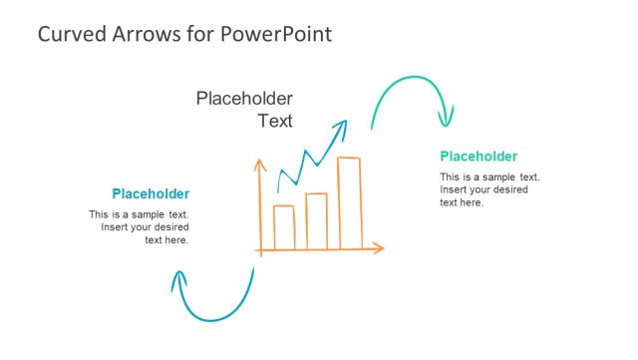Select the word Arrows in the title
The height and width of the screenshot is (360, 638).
142,34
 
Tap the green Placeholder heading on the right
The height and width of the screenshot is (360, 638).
478,157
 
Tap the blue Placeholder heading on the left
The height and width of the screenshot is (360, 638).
151,193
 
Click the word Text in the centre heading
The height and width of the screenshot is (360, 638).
275,122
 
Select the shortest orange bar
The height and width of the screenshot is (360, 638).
284,226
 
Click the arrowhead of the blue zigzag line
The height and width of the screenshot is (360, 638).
342,126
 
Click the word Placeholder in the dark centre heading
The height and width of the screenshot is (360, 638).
244,98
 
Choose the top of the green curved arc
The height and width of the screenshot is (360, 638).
409,77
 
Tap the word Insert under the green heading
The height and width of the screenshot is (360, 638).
455,189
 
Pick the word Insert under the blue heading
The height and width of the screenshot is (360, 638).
116,227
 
